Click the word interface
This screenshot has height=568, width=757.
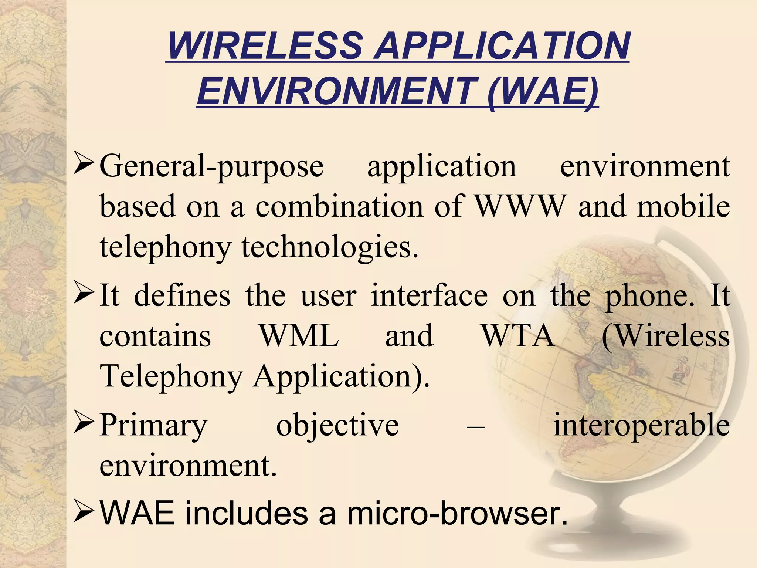click(x=429, y=295)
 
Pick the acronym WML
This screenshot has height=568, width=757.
click(x=299, y=336)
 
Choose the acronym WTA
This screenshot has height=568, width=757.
click(x=518, y=336)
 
